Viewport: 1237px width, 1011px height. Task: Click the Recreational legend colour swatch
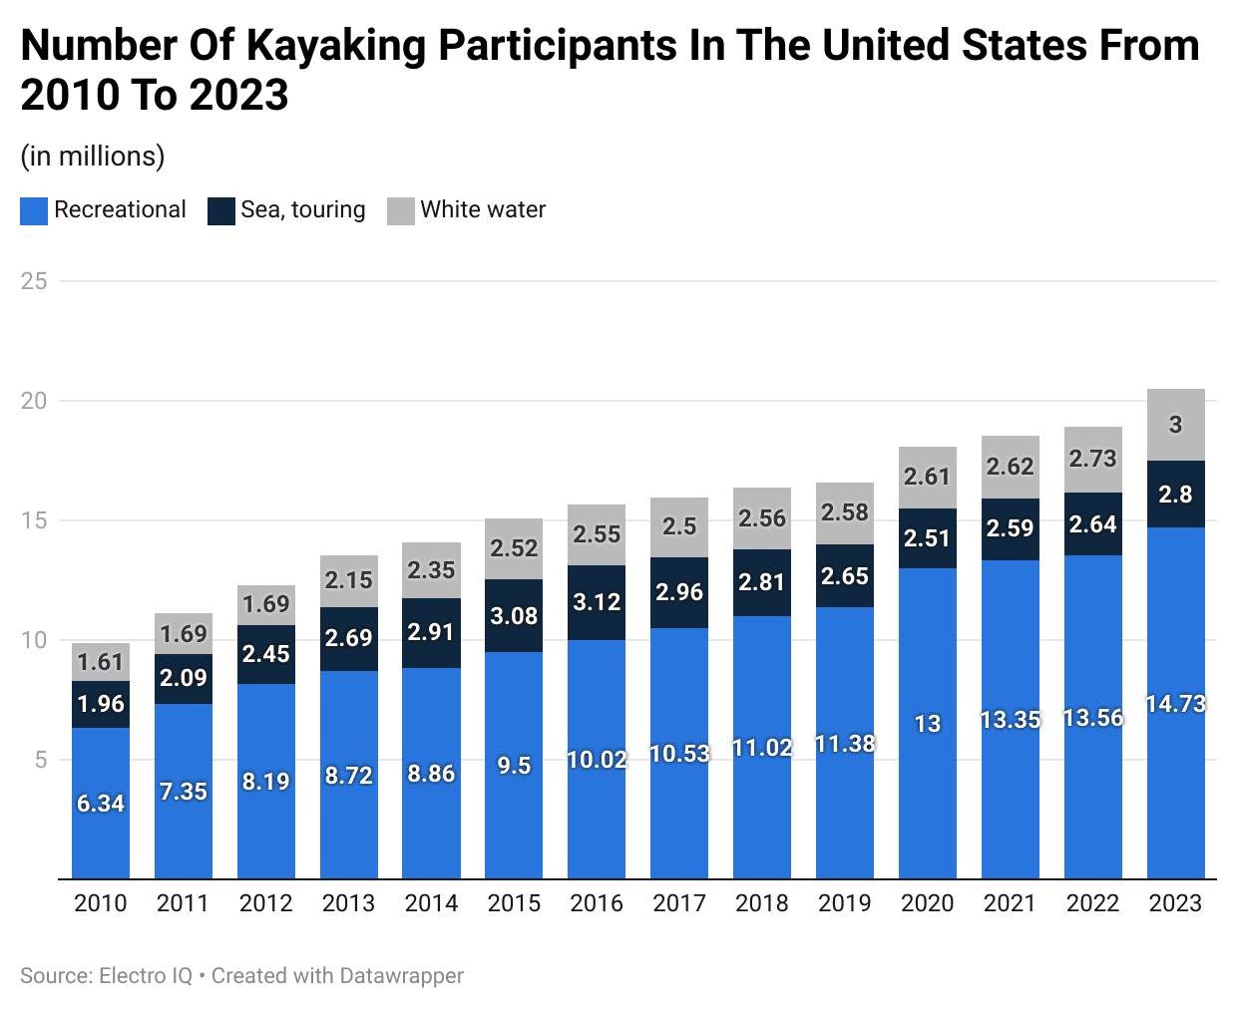coord(34,210)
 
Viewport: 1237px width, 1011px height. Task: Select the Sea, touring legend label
coord(302,210)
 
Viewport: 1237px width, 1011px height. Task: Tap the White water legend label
coord(483,210)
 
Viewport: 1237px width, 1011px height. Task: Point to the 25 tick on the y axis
coord(34,281)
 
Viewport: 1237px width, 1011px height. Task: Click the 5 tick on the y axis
coord(41,760)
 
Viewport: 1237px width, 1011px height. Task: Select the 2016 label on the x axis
coord(597,903)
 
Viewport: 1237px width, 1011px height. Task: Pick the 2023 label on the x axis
coord(1175,903)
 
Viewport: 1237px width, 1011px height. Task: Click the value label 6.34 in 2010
coord(101,804)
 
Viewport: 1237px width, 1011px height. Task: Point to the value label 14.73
coord(1175,704)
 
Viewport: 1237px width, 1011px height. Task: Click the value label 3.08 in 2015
coord(514,616)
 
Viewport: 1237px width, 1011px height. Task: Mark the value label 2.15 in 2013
coord(348,580)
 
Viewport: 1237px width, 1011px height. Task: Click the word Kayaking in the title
coord(335,46)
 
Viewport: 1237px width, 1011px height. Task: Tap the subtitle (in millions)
coord(93,157)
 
